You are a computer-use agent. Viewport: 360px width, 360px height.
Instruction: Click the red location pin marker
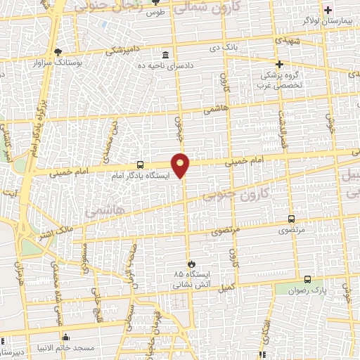click(x=181, y=165)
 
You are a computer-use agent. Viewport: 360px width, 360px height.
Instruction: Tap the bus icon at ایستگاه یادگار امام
click(x=141, y=165)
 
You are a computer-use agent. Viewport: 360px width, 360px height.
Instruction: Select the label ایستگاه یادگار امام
click(x=140, y=176)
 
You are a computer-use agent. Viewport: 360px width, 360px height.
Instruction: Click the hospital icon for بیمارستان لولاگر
click(x=328, y=10)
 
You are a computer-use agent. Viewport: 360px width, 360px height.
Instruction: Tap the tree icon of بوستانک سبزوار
click(x=58, y=51)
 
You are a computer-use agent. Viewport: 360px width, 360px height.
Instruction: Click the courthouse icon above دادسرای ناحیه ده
click(x=165, y=56)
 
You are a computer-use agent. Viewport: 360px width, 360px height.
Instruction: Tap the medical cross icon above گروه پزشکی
click(x=280, y=64)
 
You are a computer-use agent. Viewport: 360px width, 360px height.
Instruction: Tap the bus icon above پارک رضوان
click(x=307, y=279)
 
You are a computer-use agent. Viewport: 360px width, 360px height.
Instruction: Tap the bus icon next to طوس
click(x=150, y=12)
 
